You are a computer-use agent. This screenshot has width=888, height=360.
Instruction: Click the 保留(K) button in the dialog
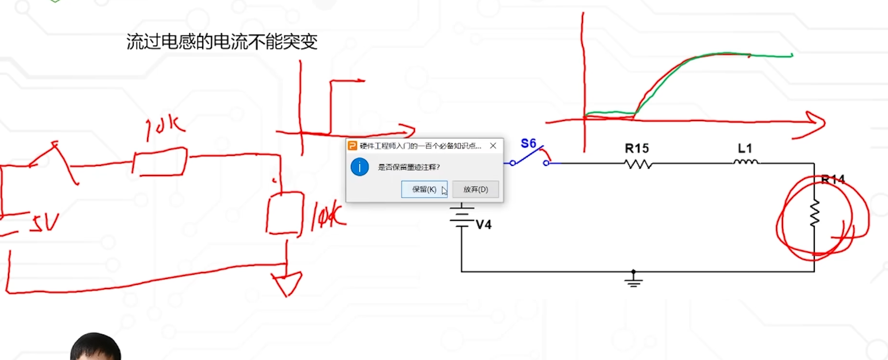(x=424, y=189)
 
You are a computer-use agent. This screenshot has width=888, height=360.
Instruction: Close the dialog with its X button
(x=493, y=146)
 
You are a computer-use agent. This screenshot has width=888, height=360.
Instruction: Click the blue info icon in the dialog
(x=359, y=167)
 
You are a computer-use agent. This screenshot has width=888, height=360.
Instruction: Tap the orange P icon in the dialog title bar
(x=353, y=146)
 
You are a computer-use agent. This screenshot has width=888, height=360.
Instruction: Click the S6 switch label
(x=528, y=143)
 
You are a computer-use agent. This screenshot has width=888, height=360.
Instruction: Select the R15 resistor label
(x=637, y=148)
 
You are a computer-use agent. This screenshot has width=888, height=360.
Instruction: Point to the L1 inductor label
(x=745, y=148)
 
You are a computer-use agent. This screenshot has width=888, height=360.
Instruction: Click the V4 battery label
(x=483, y=225)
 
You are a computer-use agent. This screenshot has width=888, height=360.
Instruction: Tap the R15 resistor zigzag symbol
(x=638, y=164)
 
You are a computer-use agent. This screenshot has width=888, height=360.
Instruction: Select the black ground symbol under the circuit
(x=634, y=280)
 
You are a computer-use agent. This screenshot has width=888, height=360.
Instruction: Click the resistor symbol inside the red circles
(x=814, y=213)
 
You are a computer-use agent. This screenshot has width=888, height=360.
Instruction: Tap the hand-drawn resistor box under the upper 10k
(x=160, y=162)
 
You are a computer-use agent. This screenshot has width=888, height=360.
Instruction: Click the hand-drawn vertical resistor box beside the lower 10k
(x=284, y=213)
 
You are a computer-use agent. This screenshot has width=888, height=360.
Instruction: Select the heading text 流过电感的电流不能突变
(x=222, y=42)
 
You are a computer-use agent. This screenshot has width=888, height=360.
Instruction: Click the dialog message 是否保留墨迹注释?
(x=409, y=167)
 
